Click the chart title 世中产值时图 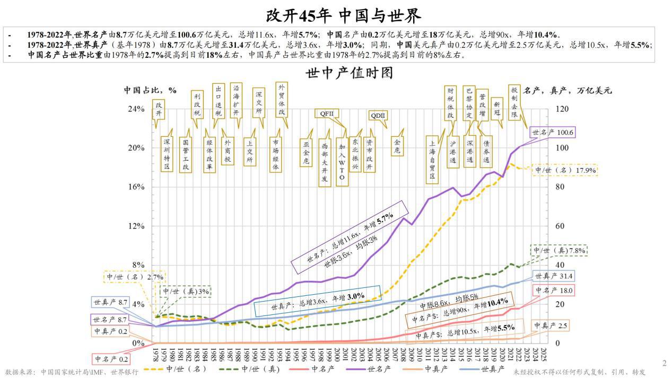point(349,74)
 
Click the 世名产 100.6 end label point(553,133)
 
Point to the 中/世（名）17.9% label point(565,170)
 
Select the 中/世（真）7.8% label point(558,250)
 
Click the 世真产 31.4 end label point(554,276)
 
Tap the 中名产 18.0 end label point(554,291)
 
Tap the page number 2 point(664,363)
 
